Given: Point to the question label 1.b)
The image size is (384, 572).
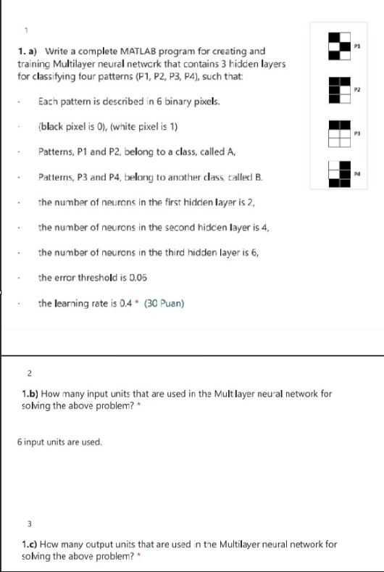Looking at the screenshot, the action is click(x=30, y=394).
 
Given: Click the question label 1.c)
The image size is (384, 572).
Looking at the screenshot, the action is click(x=30, y=543).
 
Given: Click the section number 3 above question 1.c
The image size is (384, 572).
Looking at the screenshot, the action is click(x=30, y=522).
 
